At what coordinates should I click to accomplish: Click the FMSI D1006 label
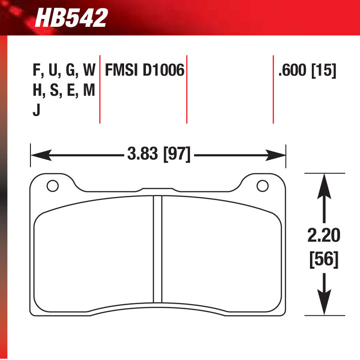(x=144, y=70)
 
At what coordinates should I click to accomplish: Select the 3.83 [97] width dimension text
(x=158, y=155)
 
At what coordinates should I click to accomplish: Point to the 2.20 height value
(x=323, y=235)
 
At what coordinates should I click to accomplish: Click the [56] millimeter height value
(x=323, y=260)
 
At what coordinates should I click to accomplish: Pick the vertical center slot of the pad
(x=158, y=249)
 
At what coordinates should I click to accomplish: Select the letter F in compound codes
(x=36, y=70)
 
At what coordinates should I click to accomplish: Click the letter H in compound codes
(x=37, y=91)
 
